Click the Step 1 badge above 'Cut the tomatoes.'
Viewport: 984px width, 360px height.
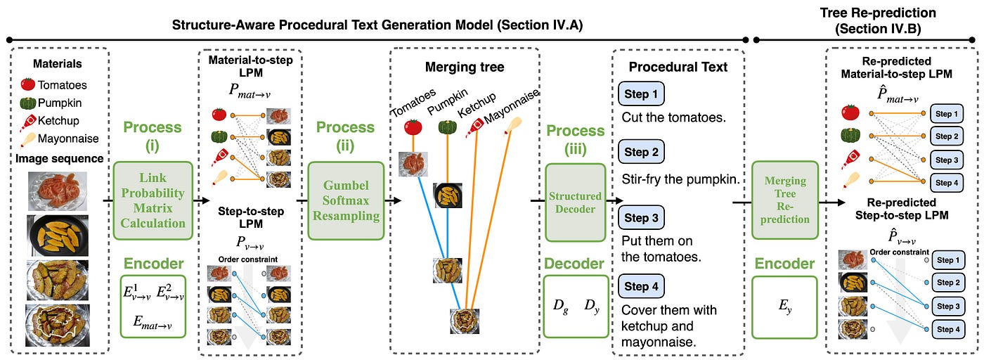[640, 94]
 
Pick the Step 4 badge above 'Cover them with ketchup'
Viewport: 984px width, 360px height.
[640, 286]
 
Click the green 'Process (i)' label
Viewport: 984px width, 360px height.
[153, 136]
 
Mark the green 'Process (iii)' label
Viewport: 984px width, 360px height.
[575, 141]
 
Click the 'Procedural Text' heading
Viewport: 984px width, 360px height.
[678, 67]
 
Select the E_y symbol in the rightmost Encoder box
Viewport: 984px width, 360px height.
[784, 304]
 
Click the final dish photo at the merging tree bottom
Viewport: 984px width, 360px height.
[465, 321]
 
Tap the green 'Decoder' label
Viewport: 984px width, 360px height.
[575, 264]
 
